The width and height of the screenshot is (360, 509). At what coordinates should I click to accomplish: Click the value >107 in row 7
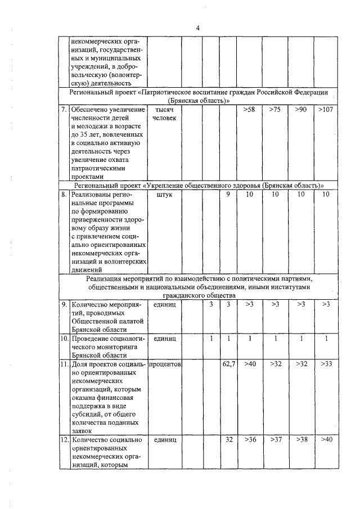click(325, 109)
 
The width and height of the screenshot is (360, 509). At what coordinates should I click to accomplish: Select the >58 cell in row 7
click(250, 109)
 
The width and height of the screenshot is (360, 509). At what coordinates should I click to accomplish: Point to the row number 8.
click(64, 194)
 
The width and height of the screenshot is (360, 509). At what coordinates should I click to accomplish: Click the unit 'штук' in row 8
click(165, 194)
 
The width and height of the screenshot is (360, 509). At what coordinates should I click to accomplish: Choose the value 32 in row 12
click(228, 439)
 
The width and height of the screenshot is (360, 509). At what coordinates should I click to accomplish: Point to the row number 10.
click(64, 339)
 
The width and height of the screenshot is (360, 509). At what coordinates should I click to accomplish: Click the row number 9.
click(64, 304)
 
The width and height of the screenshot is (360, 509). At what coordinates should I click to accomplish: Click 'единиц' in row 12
click(165, 439)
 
